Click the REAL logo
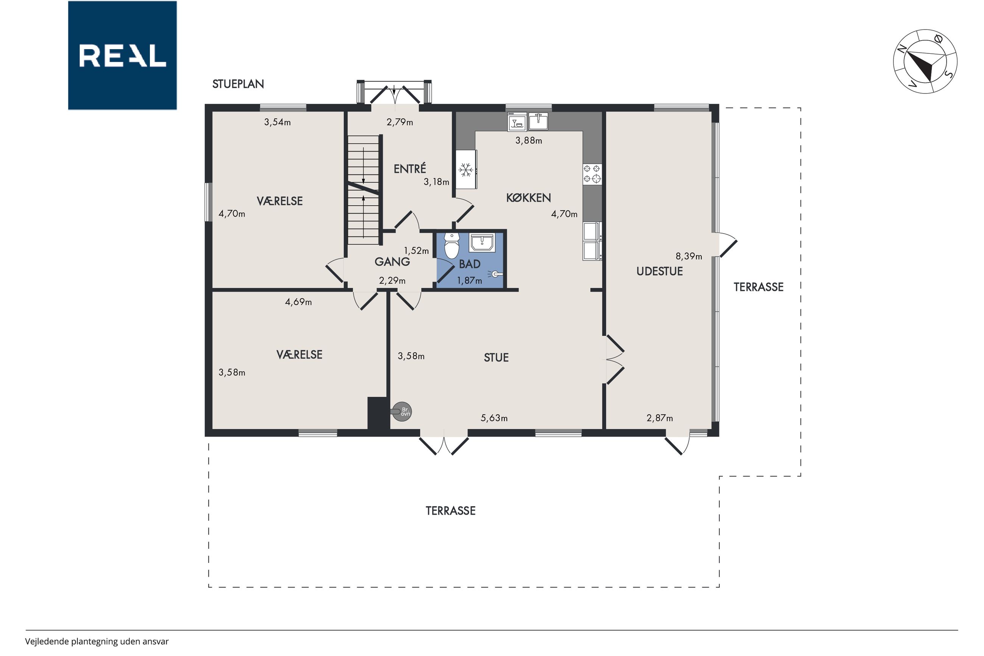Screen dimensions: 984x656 (x=122, y=55)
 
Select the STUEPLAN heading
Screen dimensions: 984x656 (x=238, y=84)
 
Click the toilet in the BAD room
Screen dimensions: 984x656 (x=451, y=245)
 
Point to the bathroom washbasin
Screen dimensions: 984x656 (x=482, y=242)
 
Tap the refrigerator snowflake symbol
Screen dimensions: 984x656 (x=466, y=170)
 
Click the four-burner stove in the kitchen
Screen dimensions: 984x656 (x=592, y=174)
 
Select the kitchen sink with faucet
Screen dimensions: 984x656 (x=538, y=122)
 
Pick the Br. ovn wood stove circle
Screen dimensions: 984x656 (x=402, y=412)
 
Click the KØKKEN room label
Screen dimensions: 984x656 (x=528, y=198)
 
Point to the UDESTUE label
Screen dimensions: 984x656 (x=660, y=271)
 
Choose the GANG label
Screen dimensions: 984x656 (x=392, y=262)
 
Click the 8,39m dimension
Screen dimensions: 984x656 (x=689, y=256)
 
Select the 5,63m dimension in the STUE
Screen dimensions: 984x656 (x=494, y=418)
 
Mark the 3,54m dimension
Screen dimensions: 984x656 (x=277, y=122)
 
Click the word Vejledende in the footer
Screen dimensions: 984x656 (x=47, y=641)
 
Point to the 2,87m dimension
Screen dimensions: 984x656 (x=660, y=418)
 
